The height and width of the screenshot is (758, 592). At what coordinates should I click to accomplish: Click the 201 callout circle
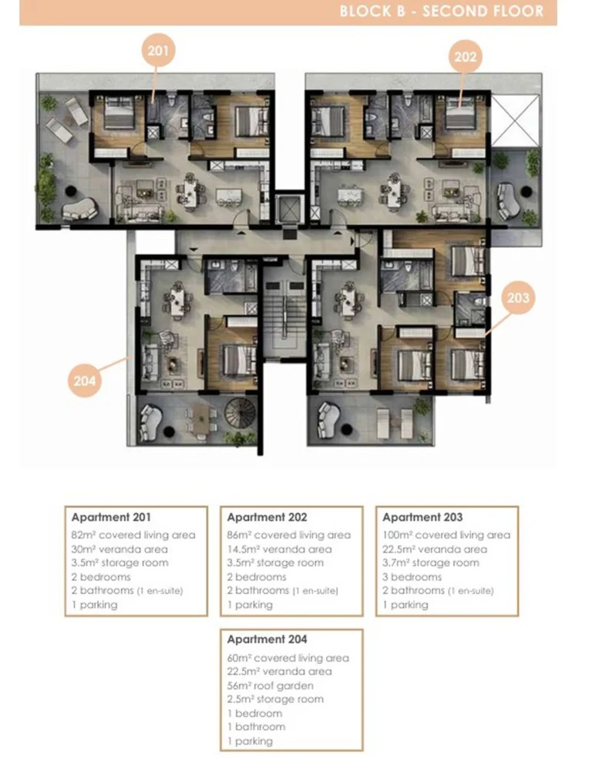[x=158, y=50]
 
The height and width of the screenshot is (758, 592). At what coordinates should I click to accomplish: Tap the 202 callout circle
[x=466, y=57]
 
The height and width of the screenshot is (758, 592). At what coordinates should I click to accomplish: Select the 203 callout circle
[x=518, y=297]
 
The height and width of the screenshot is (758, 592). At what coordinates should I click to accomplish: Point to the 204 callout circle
[x=85, y=381]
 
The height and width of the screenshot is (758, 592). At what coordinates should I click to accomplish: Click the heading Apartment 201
[x=111, y=517]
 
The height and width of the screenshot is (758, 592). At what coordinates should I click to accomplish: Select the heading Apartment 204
[x=267, y=639]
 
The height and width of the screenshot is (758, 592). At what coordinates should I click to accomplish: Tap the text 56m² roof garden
[x=270, y=686]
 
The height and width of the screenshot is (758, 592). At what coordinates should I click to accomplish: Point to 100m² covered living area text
[x=446, y=535]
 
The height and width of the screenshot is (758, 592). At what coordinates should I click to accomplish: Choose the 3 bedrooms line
[x=412, y=577]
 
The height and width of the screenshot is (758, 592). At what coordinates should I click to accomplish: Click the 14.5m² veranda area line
[x=280, y=549]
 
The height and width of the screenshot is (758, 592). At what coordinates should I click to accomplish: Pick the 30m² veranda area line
[x=119, y=549]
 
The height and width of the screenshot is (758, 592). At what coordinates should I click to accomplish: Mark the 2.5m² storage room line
[x=275, y=699]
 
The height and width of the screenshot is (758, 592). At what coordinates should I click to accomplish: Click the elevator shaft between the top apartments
[x=290, y=209]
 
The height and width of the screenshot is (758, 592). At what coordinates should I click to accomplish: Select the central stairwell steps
[x=285, y=318]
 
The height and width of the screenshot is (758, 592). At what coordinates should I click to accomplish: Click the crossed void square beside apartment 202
[x=515, y=121]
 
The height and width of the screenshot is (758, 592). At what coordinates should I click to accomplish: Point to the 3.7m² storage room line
[x=430, y=562]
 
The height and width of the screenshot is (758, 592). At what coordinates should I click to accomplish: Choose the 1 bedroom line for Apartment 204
[x=256, y=713]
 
